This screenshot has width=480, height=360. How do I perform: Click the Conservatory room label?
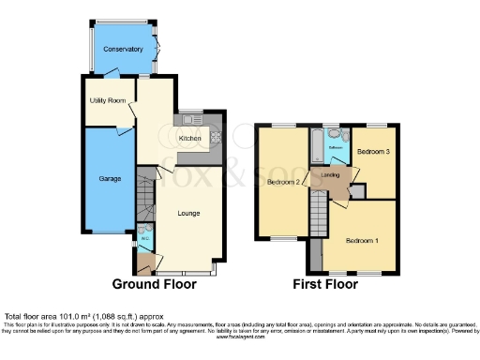[x=123, y=49]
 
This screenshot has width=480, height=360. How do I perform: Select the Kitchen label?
[x=189, y=138]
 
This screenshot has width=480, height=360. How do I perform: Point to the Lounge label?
[x=188, y=214]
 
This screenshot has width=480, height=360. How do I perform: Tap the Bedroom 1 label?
[x=363, y=241]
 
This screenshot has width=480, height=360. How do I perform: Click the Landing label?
[x=330, y=174]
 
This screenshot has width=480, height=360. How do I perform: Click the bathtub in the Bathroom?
[x=318, y=146]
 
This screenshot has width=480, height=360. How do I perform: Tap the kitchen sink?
[x=192, y=119]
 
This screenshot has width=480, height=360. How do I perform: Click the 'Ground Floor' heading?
[x=155, y=283]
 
